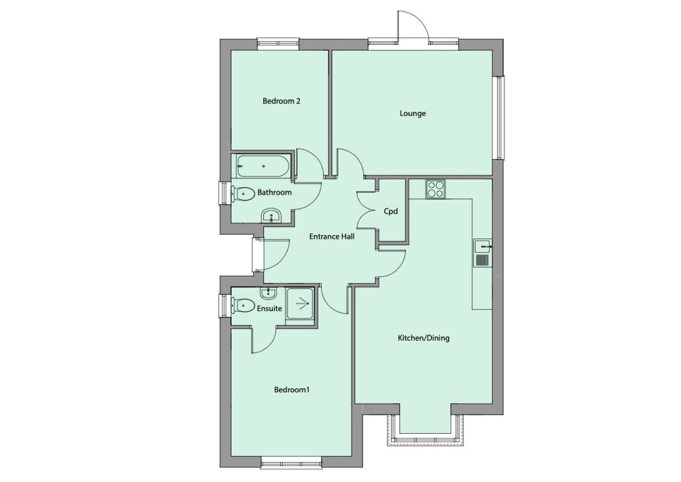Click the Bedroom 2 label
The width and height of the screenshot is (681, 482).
[281, 102]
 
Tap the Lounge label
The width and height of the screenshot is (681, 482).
[413, 114]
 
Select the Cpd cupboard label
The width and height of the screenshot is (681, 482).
[391, 212]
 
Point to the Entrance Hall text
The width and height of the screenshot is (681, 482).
[331, 237]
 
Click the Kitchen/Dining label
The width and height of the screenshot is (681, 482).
[423, 338]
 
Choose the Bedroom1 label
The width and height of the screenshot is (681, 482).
[292, 390]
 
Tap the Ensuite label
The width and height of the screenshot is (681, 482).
[270, 309]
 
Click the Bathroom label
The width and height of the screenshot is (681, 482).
[275, 192]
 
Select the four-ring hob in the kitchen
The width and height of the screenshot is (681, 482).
[436, 189]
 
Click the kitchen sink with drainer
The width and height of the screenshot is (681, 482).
[482, 253]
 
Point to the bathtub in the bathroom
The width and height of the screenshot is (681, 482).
[263, 166]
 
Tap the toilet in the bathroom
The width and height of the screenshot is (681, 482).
[243, 193]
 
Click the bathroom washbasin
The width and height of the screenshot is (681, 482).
[271, 216]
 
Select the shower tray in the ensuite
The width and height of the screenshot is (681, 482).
[300, 303]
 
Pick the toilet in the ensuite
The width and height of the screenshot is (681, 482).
[243, 305]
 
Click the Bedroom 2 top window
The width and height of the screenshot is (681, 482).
[278, 44]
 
